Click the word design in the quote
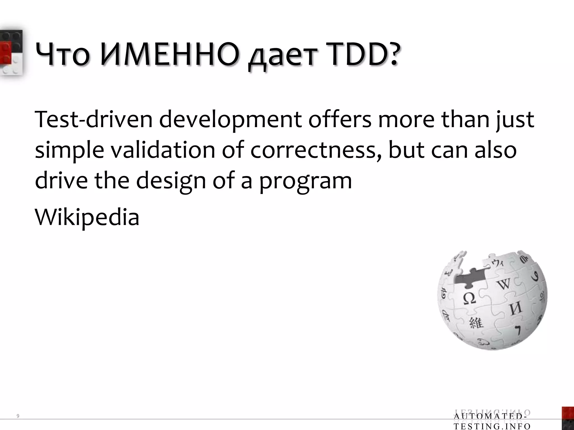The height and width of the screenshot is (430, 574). pyautogui.click(x=171, y=181)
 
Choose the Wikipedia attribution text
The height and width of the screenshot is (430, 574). pyautogui.click(x=87, y=218)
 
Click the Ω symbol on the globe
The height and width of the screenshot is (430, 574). pyautogui.click(x=469, y=298)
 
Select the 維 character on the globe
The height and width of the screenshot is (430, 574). pyautogui.click(x=476, y=323)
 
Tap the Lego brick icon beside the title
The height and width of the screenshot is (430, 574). pyautogui.click(x=11, y=53)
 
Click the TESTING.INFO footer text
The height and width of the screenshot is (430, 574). pyautogui.click(x=492, y=426)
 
